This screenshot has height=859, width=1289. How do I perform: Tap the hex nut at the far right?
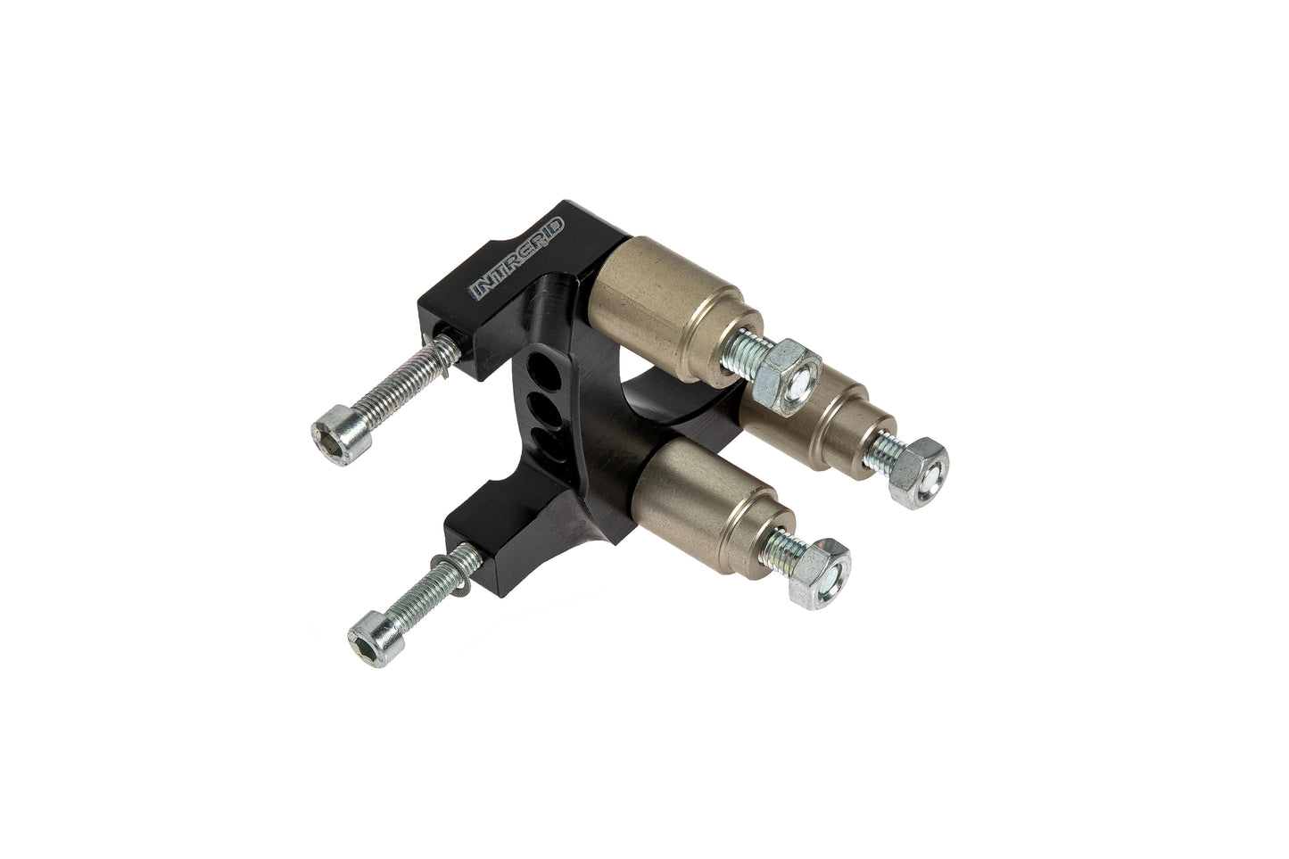(919, 473)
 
